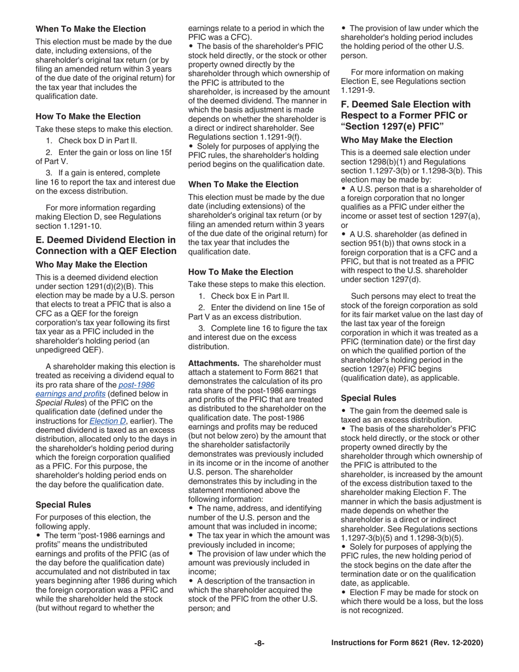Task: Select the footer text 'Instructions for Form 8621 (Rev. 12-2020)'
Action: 407,643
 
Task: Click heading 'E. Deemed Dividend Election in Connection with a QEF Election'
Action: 105,245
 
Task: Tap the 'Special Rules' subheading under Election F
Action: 368,398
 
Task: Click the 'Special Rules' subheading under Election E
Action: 63,504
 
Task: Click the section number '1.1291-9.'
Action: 357,90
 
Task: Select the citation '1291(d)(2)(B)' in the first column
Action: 100,286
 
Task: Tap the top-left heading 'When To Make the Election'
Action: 91,29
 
